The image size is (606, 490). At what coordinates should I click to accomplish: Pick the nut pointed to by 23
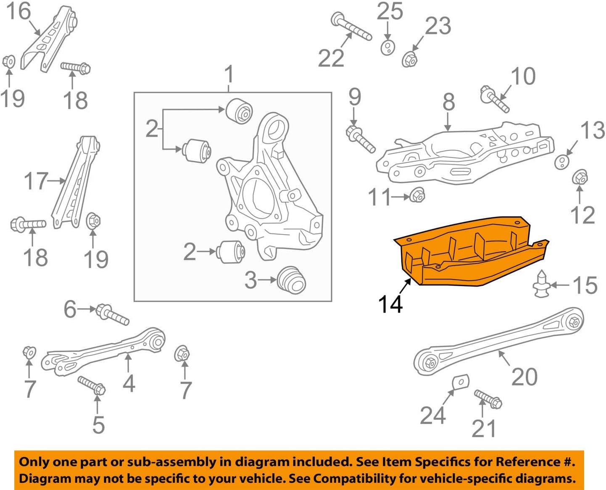[x=409, y=59]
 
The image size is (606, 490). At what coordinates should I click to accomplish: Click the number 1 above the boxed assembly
[x=229, y=74]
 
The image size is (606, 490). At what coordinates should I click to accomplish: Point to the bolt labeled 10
[x=495, y=99]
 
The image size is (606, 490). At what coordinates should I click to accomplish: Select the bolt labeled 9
[x=360, y=139]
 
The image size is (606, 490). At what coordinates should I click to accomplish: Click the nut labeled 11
[x=417, y=195]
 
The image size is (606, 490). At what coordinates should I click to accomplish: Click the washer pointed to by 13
[x=561, y=162]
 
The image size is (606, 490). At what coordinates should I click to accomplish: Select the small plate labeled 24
[x=461, y=382]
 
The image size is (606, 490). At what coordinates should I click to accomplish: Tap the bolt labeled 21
[x=488, y=399]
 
